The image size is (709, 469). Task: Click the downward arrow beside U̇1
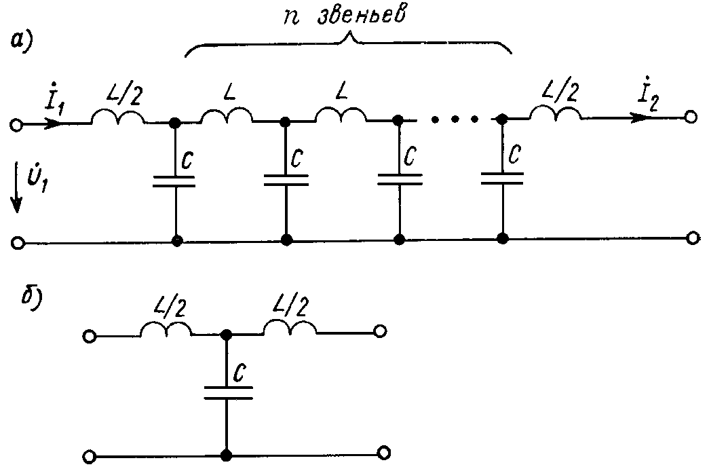click(18, 190)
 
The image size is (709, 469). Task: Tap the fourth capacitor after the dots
click(502, 178)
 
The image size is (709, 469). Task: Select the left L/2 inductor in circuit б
click(166, 329)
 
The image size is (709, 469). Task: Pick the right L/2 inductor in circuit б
click(290, 329)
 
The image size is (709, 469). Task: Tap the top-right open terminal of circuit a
click(691, 117)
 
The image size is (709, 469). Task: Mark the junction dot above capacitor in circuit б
click(227, 335)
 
